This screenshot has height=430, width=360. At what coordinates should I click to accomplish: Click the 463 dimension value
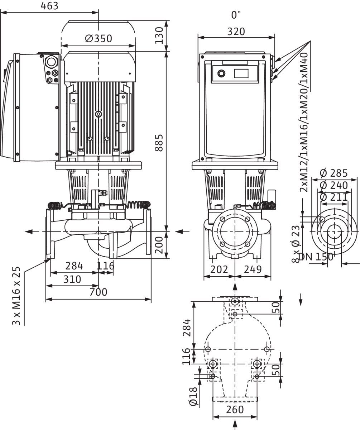click(49, 6)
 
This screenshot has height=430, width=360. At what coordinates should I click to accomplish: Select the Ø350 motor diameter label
click(99, 38)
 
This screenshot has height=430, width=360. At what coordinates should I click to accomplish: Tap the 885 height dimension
click(159, 143)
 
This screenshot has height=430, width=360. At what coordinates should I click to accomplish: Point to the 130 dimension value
click(159, 35)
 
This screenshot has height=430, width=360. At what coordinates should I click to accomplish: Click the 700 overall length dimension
click(99, 292)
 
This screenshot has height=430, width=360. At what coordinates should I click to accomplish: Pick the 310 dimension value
click(72, 279)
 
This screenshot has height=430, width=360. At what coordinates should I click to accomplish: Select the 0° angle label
click(236, 15)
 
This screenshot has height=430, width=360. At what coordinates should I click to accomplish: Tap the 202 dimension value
click(219, 269)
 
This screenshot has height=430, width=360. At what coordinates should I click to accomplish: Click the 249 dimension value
click(253, 269)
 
